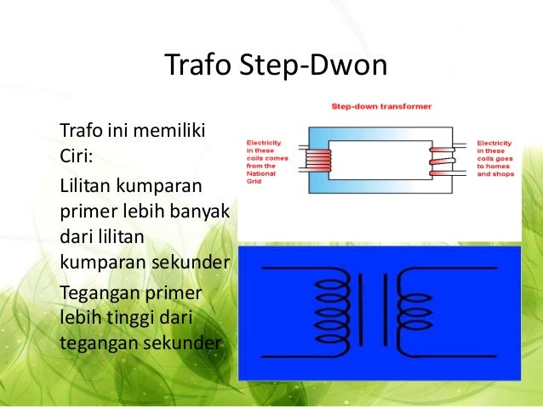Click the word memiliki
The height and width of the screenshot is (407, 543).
pyautogui.click(x=174, y=132)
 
